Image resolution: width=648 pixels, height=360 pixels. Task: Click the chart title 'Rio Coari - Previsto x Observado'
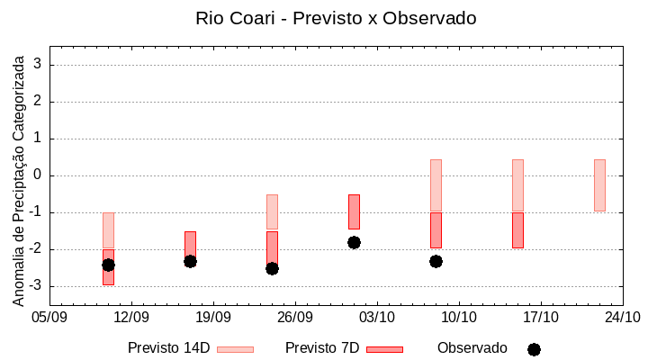click(x=336, y=18)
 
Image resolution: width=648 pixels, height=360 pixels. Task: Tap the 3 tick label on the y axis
click(x=39, y=65)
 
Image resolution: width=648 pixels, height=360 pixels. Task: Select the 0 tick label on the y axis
click(x=39, y=175)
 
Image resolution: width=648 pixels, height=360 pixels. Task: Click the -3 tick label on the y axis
click(x=36, y=286)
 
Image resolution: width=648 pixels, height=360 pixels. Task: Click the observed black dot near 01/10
click(x=354, y=242)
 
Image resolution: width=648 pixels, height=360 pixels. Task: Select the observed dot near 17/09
click(x=190, y=261)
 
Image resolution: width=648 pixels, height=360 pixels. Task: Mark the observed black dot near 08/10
click(x=436, y=261)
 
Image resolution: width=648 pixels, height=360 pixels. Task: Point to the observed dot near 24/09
click(x=272, y=268)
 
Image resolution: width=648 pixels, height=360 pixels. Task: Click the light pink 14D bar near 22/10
click(x=599, y=185)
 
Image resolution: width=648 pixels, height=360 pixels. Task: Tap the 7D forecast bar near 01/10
click(x=354, y=211)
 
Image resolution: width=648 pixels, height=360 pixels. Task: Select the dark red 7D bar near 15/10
click(x=517, y=230)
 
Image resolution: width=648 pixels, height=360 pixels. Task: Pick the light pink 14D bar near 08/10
click(x=436, y=185)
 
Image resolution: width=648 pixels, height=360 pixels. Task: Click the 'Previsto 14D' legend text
click(x=168, y=348)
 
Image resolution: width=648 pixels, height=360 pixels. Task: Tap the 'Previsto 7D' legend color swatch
click(x=384, y=349)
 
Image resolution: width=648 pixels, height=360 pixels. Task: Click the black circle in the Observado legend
click(x=534, y=349)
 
